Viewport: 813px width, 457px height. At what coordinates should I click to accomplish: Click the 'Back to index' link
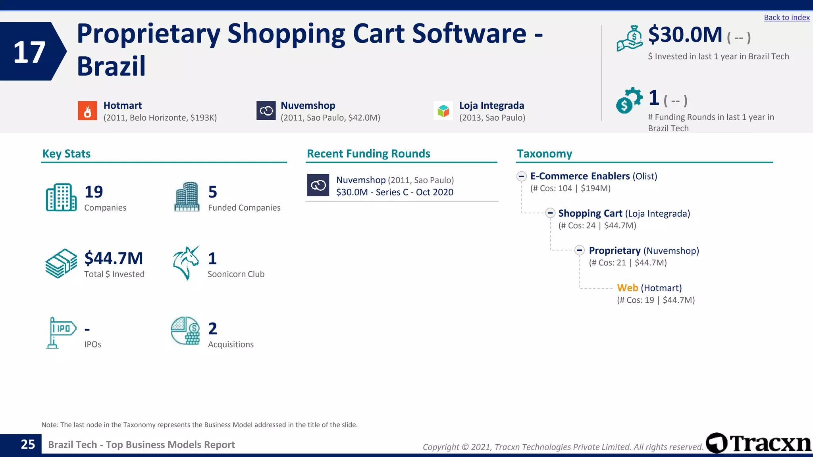(x=786, y=17)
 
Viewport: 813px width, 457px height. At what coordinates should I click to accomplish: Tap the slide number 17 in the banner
(x=29, y=52)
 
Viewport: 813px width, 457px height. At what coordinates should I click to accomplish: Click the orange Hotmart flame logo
(x=87, y=111)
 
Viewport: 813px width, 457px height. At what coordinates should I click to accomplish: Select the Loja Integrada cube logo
(x=443, y=111)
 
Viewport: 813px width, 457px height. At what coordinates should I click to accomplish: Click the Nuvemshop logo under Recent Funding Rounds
(x=318, y=185)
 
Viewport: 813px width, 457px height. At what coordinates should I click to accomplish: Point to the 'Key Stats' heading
(x=66, y=154)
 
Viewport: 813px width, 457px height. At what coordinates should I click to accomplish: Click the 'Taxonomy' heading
(x=544, y=154)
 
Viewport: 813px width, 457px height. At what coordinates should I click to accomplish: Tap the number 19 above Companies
(x=94, y=192)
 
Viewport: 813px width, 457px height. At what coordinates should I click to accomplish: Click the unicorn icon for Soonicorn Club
(x=186, y=263)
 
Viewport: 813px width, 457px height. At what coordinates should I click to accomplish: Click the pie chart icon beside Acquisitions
(x=185, y=331)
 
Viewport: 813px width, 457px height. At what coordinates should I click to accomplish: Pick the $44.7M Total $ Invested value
(x=114, y=258)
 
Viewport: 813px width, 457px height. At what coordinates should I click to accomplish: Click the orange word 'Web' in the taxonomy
(x=627, y=288)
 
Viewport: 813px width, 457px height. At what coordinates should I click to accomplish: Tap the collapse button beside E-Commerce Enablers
(x=522, y=176)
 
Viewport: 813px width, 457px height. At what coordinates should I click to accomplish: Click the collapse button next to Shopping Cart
(x=550, y=213)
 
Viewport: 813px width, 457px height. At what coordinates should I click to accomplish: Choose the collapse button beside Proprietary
(x=580, y=250)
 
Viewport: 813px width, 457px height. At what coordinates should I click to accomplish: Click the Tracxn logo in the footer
(x=758, y=443)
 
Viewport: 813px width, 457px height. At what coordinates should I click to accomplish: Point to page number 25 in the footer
(x=28, y=444)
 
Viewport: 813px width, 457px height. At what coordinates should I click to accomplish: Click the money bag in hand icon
(x=630, y=38)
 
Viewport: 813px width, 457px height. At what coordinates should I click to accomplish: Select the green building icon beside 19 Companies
(x=61, y=198)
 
